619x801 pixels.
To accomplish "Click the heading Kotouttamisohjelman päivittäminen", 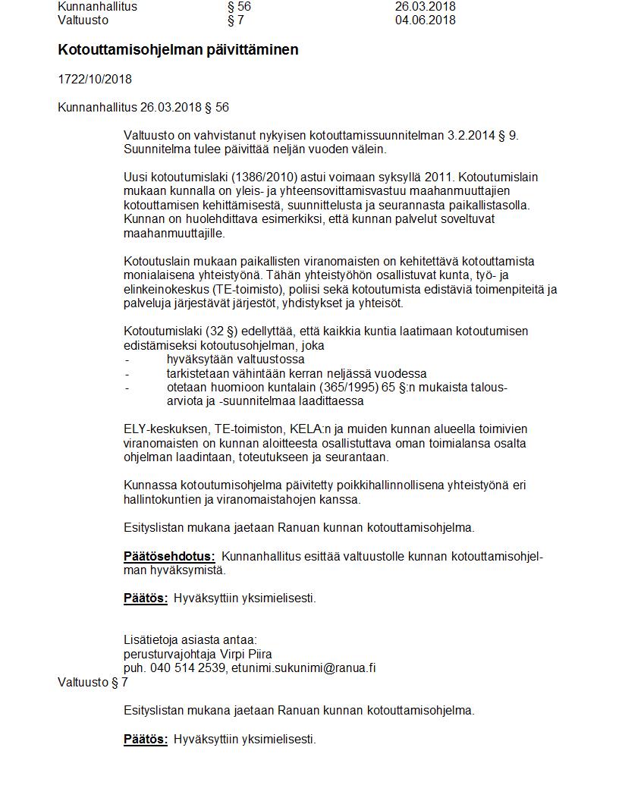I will point(178,50).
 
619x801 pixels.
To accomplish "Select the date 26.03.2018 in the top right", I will point(425,7).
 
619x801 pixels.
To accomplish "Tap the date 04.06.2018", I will point(425,20).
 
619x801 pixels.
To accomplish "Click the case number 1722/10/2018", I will point(94,80).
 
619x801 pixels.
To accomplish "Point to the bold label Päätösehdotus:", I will point(169,556).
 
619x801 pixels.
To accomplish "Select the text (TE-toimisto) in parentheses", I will point(213,289).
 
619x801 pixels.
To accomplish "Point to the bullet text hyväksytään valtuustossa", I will point(235,360).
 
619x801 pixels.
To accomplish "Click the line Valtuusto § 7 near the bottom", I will point(93,683).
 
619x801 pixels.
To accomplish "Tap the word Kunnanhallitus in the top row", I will point(97,7).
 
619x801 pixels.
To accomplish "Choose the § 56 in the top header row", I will point(239,7).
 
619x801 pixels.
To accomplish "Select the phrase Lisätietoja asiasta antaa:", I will point(190,639).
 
